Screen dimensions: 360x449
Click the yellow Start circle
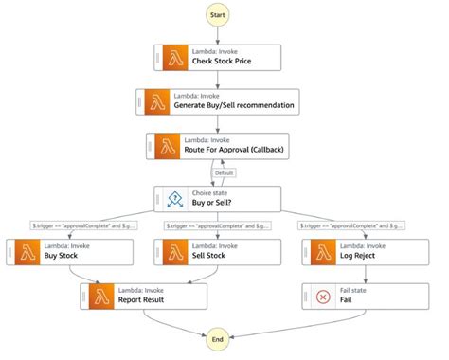pos(218,16)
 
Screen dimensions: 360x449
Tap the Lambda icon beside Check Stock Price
pos(175,57)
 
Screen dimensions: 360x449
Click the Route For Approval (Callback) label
pos(237,150)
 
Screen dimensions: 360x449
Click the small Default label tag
pos(224,172)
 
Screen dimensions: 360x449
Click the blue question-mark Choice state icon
pos(175,199)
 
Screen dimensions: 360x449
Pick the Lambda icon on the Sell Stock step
pos(175,251)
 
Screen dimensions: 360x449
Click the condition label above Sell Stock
pos(218,225)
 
